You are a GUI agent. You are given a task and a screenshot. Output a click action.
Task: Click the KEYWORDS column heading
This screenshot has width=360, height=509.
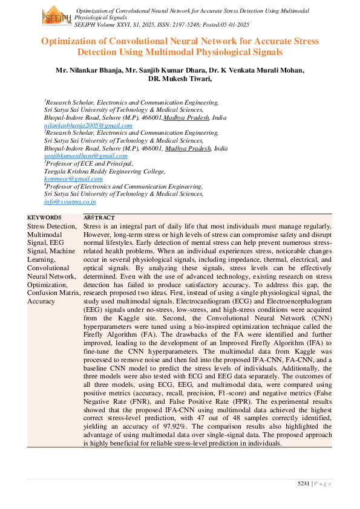[x=44, y=218]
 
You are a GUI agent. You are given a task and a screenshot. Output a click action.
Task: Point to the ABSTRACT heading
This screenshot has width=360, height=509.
[x=99, y=218]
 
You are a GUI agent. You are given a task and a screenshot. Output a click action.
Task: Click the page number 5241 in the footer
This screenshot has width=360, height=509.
[x=305, y=482]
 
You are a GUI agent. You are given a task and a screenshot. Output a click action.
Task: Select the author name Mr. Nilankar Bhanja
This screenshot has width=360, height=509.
[x=88, y=70]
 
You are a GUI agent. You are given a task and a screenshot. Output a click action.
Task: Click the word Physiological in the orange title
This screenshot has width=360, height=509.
[x=215, y=53]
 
